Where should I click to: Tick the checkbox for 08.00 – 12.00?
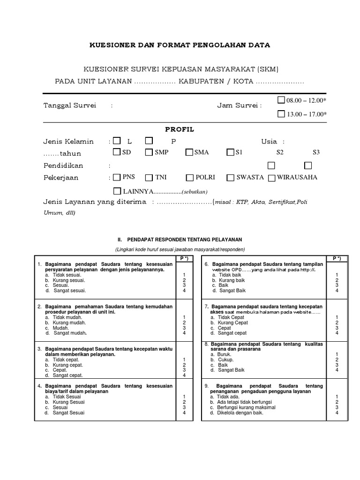tap(281, 100)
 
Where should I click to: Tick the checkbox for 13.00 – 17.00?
tap(281, 113)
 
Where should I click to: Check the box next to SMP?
tap(149, 152)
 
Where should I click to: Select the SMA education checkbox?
tap(189, 152)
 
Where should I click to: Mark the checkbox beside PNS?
tap(117, 177)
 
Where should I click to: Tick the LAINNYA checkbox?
tap(117, 191)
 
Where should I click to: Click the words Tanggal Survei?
tap(69, 106)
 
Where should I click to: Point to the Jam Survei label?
tap(239, 106)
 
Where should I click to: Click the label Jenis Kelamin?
tap(68, 142)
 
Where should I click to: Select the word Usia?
tap(269, 142)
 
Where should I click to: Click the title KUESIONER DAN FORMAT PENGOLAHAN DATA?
tap(180, 45)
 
